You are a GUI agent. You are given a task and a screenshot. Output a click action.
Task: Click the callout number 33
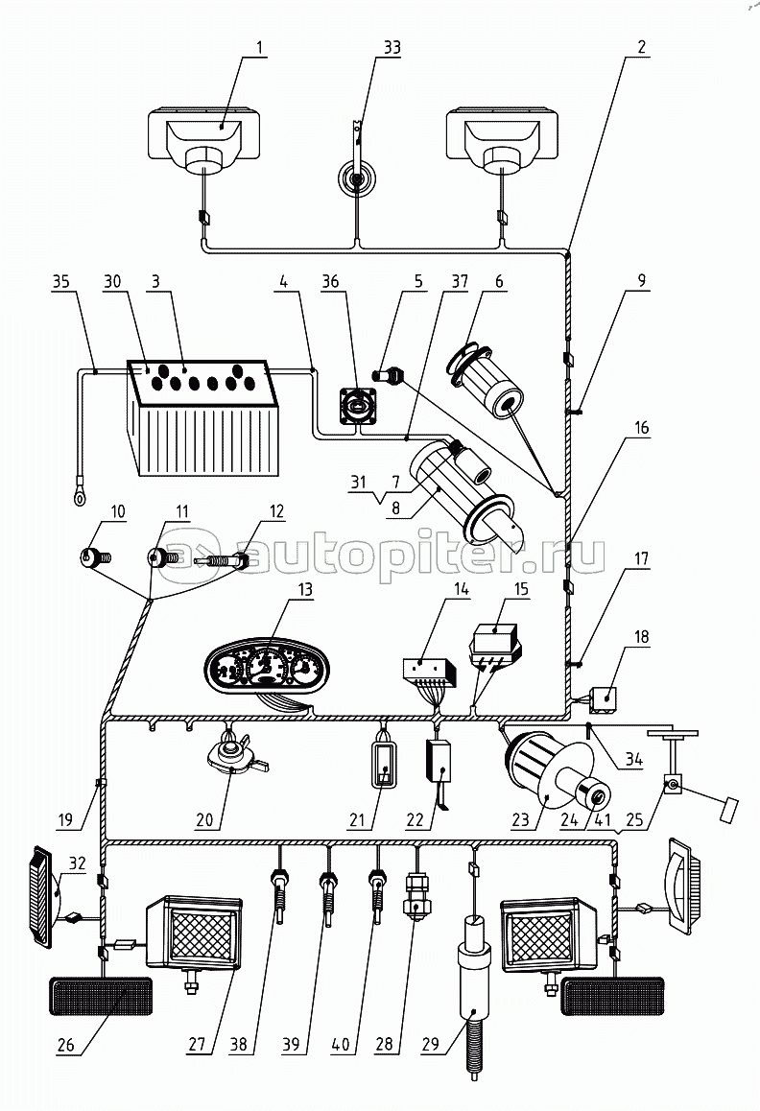point(366,47)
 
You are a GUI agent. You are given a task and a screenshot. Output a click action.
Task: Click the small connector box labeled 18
point(606,699)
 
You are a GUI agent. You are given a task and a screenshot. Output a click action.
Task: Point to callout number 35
point(60,282)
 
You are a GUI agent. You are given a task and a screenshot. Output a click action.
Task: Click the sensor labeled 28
point(417,892)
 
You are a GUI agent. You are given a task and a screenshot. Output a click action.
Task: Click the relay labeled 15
point(493,638)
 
